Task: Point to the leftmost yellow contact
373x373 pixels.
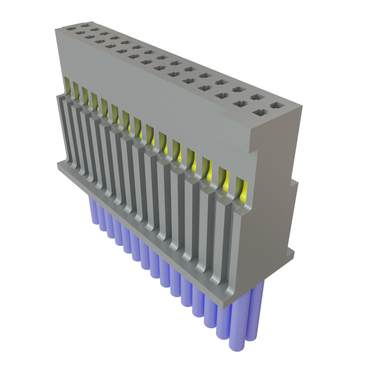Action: tap(67, 85)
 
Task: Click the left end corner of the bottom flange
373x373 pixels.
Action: tap(58, 166)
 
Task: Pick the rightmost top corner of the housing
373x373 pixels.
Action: tap(302, 107)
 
